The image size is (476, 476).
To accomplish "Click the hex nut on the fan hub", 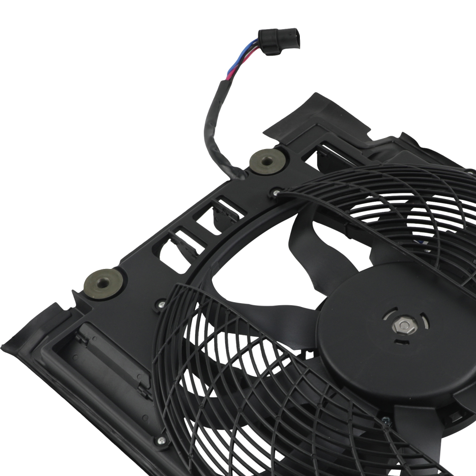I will point(404,326).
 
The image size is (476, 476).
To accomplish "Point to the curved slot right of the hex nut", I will point(425,324).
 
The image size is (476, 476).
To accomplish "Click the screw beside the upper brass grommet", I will point(276,192).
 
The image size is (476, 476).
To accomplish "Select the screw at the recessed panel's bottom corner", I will point(162,440).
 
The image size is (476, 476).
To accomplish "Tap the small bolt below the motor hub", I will point(385,420).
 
